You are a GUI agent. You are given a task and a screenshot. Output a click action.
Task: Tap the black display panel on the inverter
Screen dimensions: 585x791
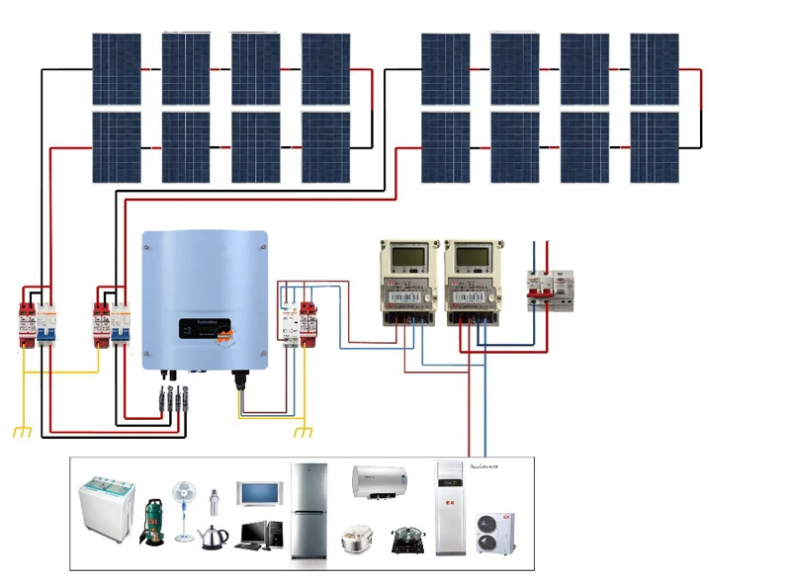[204, 329]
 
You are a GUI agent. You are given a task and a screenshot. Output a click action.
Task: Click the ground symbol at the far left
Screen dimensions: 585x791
[22, 431]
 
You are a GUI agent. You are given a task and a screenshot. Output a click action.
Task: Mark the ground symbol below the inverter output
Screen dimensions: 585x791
[305, 431]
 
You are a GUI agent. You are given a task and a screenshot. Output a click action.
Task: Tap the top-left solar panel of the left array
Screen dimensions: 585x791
[117, 69]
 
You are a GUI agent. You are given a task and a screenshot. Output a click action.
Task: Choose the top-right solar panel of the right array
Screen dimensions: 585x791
[655, 69]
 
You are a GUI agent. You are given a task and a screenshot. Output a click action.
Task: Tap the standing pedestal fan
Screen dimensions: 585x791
[184, 509]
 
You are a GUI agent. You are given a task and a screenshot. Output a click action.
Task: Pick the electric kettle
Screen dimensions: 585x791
[214, 537]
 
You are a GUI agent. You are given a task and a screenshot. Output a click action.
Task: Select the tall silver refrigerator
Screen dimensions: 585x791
[308, 511]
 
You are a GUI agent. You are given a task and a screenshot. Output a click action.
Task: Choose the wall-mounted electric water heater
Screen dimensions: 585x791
[379, 481]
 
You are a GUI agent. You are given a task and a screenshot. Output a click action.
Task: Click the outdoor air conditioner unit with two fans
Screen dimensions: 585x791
[494, 534]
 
